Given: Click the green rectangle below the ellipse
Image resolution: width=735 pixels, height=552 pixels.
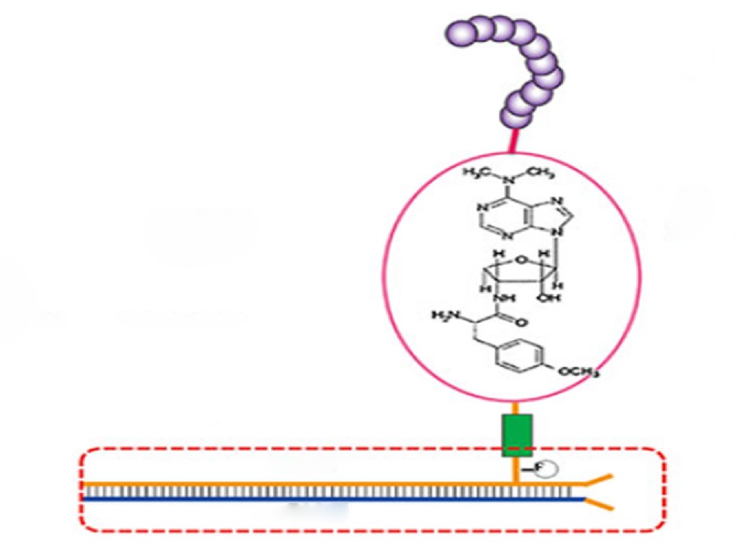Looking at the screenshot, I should [x=518, y=436].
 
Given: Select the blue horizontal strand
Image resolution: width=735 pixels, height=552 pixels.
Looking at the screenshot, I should [x=331, y=498].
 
